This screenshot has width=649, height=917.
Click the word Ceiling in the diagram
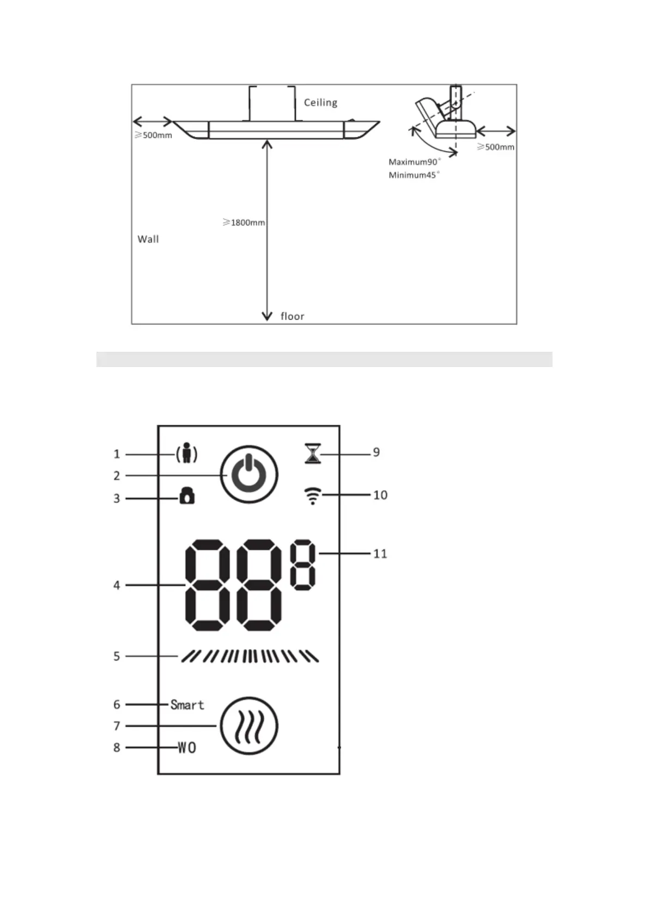pyautogui.click(x=320, y=102)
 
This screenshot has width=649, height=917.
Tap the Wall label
pyautogui.click(x=148, y=239)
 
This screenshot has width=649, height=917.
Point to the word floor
pyautogui.click(x=292, y=316)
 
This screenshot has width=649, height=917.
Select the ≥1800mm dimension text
pyautogui.click(x=244, y=222)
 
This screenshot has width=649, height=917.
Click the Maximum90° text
pyautogui.click(x=415, y=162)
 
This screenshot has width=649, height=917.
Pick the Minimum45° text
pyautogui.click(x=414, y=175)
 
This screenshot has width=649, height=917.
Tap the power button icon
pyautogui.click(x=249, y=474)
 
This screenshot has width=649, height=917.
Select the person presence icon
pyautogui.click(x=186, y=453)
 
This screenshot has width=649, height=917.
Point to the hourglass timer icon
pyautogui.click(x=313, y=453)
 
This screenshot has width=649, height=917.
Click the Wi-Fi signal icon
pyautogui.click(x=312, y=496)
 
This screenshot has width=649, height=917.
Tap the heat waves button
pyautogui.click(x=249, y=726)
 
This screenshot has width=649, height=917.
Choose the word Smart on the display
pyautogui.click(x=187, y=705)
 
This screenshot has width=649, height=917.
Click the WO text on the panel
pyautogui.click(x=187, y=748)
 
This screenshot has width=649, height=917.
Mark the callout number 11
pyautogui.click(x=380, y=554)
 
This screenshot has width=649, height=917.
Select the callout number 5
pyautogui.click(x=117, y=656)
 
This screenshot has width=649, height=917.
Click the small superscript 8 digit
pyautogui.click(x=302, y=565)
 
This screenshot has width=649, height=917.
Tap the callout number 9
pyautogui.click(x=376, y=453)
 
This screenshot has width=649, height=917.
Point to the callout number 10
pyautogui.click(x=380, y=495)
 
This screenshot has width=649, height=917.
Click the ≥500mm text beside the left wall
pyautogui.click(x=154, y=135)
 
